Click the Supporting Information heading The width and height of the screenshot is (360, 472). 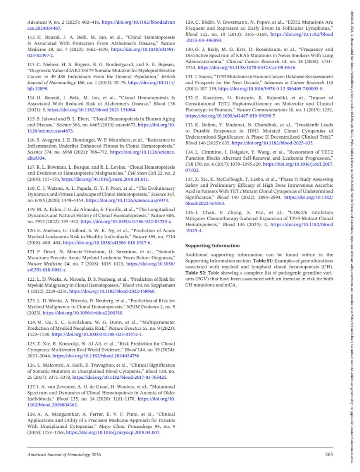(x=212, y=245)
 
